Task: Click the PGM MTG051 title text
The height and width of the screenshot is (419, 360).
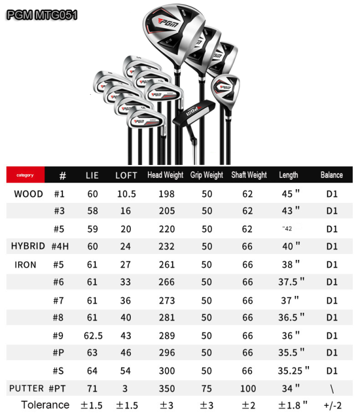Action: pos(42,14)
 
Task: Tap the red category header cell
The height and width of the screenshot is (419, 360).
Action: pos(25,175)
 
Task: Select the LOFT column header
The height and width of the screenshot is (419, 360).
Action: pos(126,175)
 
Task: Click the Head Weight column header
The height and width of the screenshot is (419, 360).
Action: pos(166,175)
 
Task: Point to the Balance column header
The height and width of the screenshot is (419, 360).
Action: pos(332,175)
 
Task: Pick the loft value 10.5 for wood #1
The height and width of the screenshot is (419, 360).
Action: pos(127,194)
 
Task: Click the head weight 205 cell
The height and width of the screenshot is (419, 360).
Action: pos(167,211)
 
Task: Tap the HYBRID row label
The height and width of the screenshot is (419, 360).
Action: pos(28,246)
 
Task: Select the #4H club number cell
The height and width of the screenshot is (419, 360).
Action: pos(60,246)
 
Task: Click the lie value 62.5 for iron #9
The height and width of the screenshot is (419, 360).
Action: pos(93,336)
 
